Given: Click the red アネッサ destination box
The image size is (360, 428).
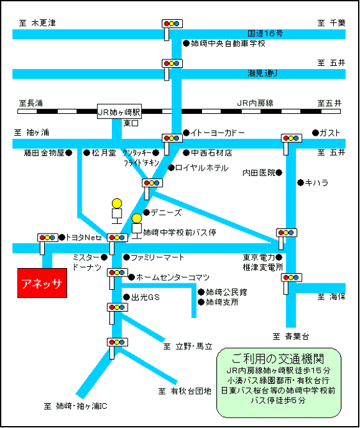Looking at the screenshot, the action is [x=42, y=283].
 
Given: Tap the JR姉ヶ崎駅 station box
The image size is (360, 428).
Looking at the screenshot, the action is [x=120, y=111].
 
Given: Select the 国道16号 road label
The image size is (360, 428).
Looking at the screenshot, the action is [x=265, y=33].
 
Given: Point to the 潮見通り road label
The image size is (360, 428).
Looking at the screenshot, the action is [x=263, y=73].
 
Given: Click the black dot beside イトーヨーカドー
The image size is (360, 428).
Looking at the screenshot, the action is [x=186, y=133].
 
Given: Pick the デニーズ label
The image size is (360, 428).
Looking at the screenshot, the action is [x=166, y=212].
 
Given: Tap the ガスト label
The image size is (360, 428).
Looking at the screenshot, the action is [x=330, y=133].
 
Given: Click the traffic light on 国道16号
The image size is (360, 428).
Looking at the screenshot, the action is [x=172, y=24].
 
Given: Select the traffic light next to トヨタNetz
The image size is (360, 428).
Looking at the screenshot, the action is [x=48, y=238].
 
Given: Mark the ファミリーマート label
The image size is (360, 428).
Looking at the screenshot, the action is [x=157, y=257].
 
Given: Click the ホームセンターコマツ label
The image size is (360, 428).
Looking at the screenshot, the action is [x=173, y=277].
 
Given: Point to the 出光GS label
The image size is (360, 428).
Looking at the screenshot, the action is [x=145, y=297].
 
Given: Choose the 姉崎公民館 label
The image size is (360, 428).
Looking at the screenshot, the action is [x=226, y=292].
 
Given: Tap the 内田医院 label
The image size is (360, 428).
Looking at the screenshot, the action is [x=259, y=173].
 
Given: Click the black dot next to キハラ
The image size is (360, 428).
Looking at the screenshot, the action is [x=301, y=182].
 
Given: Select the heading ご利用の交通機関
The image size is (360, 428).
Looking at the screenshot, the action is [x=278, y=359].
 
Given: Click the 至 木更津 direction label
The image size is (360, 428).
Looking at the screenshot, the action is [x=37, y=22].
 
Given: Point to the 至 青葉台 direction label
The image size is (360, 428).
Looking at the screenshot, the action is [x=291, y=337].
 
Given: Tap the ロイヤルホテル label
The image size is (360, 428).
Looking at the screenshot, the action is [x=202, y=168].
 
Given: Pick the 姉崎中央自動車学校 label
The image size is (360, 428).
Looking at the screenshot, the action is [x=228, y=44].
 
